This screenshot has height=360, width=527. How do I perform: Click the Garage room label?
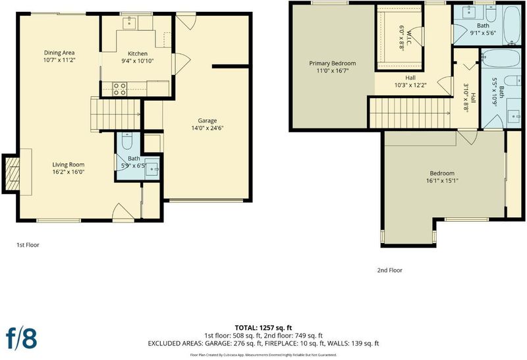click(207, 120)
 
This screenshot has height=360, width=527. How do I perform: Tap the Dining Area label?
click(59, 53)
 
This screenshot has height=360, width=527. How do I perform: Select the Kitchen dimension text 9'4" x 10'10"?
click(138, 61)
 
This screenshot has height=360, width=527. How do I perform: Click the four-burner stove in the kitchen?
click(120, 89)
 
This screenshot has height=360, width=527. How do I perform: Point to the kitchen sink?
click(128, 23)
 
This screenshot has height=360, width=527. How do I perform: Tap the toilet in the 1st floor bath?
click(127, 141)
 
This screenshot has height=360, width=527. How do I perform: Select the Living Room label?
click(69, 165)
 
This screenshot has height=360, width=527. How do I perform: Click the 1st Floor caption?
click(28, 245)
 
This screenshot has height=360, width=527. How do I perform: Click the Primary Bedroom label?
click(333, 63)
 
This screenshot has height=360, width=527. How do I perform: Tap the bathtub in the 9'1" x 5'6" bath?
click(512, 25)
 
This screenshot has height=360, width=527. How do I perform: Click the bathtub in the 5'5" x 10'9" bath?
click(501, 59)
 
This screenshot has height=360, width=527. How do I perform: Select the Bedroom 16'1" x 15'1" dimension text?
click(442, 181)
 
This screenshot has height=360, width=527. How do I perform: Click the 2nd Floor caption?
click(389, 270)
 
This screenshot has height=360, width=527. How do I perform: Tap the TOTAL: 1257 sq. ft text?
click(263, 328)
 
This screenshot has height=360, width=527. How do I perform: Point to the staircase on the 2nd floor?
click(410, 113)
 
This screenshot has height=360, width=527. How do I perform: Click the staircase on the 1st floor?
click(115, 114)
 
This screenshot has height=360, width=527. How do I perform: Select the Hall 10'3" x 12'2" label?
click(410, 82)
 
